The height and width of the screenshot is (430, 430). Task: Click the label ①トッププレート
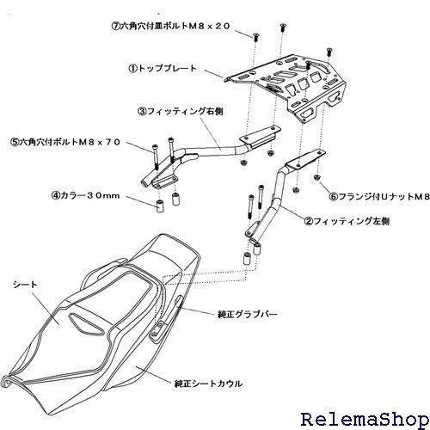pyautogui.click(x=162, y=69)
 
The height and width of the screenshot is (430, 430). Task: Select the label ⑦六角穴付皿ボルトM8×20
pyautogui.click(x=170, y=27)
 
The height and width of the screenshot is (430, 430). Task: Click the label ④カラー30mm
pyautogui.click(x=85, y=196)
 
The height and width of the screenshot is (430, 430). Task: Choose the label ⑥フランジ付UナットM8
pyautogui.click(x=380, y=197)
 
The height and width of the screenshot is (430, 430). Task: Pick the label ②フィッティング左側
pyautogui.click(x=347, y=221)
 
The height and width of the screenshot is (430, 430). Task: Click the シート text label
pyautogui.click(x=25, y=285)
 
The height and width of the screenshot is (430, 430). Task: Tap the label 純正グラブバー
pyautogui.click(x=248, y=315)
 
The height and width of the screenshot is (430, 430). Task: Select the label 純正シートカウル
pyautogui.click(x=208, y=384)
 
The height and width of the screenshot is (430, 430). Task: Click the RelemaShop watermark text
pyautogui.click(x=365, y=419)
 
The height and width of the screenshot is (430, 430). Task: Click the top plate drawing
pyautogui.click(x=286, y=86)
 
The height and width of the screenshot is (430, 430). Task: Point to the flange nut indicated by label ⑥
pyautogui.click(x=316, y=177)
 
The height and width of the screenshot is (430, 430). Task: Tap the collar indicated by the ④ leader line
pyautogui.click(x=160, y=206)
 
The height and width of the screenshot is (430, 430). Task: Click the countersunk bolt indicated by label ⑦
pyautogui.click(x=255, y=37)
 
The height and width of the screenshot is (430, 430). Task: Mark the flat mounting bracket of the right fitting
pyautogui.click(x=260, y=136)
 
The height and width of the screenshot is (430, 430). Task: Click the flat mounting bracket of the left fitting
pyautogui.click(x=304, y=161)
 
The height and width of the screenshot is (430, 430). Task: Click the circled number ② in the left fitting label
pyautogui.click(x=309, y=222)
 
